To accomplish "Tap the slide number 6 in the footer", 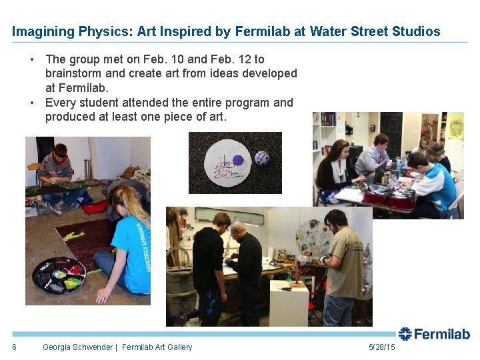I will (x=14, y=347).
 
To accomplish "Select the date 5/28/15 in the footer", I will (x=381, y=347).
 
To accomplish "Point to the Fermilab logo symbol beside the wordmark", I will (x=405, y=334).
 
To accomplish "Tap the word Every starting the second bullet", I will (x=60, y=103).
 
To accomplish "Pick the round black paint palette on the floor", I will (x=59, y=273).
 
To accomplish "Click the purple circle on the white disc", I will (x=238, y=161).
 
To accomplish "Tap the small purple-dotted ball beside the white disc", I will (x=262, y=157).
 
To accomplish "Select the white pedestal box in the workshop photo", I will (x=289, y=303).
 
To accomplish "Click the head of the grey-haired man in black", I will (x=238, y=228).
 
